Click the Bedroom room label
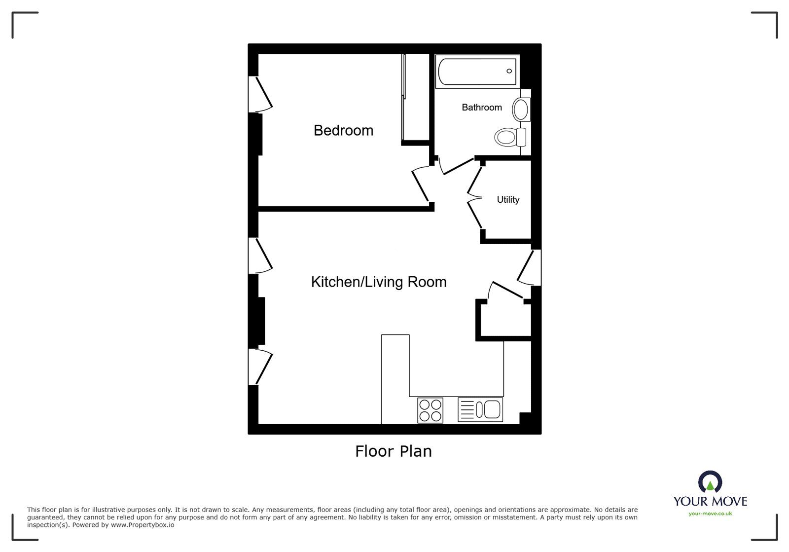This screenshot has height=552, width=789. (343, 130)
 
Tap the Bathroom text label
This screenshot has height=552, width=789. (481, 107)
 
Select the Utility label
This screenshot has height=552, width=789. (507, 199)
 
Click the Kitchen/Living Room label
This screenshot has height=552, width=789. (378, 282)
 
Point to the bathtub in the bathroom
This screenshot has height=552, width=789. (476, 72)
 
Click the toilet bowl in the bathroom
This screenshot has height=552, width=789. (505, 136)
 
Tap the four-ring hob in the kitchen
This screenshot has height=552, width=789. (430, 410)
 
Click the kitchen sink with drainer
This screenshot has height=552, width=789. (480, 409)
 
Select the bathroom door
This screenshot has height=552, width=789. (458, 166)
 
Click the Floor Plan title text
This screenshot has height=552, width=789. (393, 451)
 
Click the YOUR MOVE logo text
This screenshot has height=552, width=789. (710, 501)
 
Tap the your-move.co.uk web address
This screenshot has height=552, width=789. (710, 514)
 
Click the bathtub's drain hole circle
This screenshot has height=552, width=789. (509, 71)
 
